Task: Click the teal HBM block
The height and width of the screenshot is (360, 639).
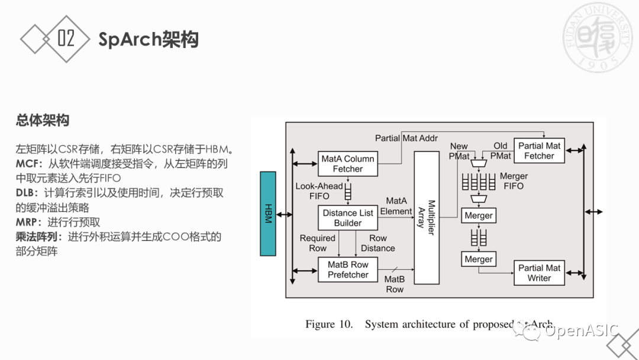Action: [268, 214]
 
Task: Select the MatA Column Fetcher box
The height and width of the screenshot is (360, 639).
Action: [347, 164]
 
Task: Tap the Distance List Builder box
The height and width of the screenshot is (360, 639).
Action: [348, 218]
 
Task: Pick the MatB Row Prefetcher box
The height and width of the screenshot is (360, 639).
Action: [348, 269]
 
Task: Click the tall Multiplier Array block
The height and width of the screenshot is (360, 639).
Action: [430, 217]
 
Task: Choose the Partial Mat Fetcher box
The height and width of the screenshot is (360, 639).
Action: [539, 151]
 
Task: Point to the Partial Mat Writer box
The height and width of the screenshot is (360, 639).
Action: [539, 273]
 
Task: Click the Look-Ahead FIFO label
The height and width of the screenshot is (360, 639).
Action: [319, 191]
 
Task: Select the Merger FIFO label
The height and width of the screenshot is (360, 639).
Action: [513, 181]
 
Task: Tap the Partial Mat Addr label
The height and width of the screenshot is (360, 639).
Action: [406, 138]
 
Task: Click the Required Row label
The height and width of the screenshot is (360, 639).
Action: [318, 243]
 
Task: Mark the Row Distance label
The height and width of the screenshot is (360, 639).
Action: [378, 243]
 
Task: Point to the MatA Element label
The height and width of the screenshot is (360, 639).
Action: [396, 206]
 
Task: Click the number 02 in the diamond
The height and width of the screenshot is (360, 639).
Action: [66, 38]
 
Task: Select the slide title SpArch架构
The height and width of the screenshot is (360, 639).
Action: [148, 39]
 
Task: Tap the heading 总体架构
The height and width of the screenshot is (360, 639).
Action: [42, 120]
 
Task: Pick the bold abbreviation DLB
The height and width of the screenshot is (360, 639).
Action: [27, 193]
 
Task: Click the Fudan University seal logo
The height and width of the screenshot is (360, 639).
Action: [599, 37]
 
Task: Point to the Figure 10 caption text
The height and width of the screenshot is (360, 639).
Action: [429, 324]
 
